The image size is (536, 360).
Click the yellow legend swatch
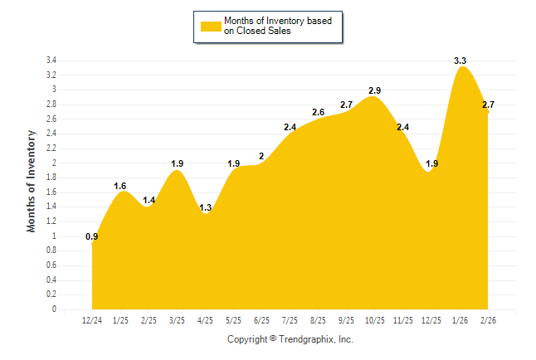coord(211,26)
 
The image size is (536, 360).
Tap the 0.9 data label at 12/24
coord(92,237)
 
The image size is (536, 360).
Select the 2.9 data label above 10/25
coord(375,90)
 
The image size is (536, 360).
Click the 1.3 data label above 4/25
coord(205,207)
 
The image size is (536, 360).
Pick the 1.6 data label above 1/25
coord(120,186)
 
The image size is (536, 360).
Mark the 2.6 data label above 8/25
coord(319,112)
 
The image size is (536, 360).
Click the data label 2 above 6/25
coord(261,156)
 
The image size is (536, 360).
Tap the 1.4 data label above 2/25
coord(149,200)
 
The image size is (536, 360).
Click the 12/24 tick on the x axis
coord(92,319)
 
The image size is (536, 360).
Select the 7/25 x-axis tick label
coord(290,319)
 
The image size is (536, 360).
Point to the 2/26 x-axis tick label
coord(488,319)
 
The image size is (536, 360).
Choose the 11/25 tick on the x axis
coord(403,319)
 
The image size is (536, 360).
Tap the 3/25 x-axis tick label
coord(177,319)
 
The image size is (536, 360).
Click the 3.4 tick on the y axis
coord(51,61)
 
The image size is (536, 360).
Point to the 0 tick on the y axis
coord(54,309)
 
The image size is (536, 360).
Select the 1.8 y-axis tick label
coord(51,178)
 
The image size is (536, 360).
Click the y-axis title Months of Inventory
coord(32,180)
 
